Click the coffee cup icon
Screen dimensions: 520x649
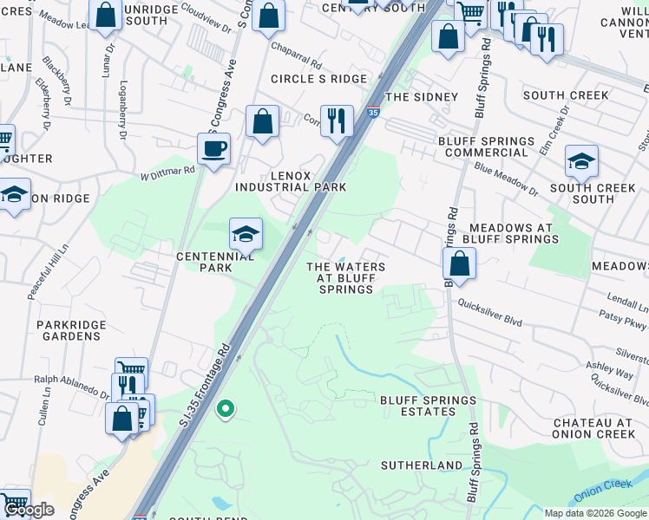pos(213,149)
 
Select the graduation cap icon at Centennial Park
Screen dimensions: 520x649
pos(246,234)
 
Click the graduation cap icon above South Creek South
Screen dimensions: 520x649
pos(581,161)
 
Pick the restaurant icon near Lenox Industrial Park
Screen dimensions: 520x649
pos(337,120)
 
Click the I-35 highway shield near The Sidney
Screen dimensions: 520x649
pos(372,112)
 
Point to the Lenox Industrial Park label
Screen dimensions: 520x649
pos(291,181)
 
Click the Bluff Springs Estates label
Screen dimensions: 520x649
pos(429,406)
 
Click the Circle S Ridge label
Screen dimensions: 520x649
pos(318,79)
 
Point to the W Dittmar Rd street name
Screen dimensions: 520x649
pos(167,173)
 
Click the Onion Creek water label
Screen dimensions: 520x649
pos(606,491)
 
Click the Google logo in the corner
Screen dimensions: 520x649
pos(29,510)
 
